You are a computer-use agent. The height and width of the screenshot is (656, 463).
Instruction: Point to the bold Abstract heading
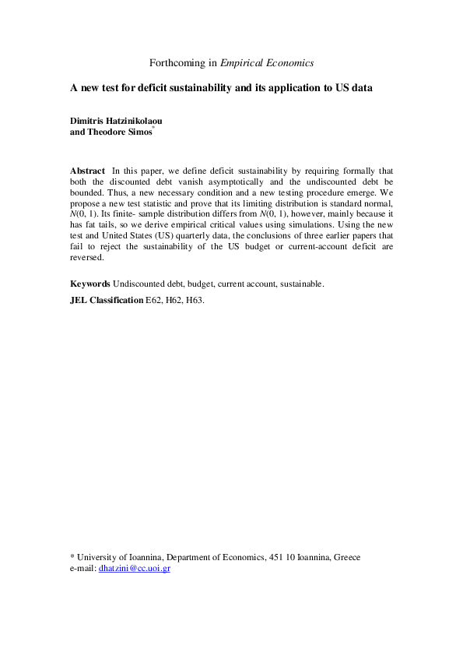pos(87,170)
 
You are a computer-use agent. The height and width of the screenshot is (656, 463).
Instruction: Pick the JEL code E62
pos(156,299)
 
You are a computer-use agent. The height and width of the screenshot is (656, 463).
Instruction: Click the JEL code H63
pos(195,299)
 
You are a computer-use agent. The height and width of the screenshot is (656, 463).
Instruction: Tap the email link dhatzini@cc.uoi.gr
pos(135,569)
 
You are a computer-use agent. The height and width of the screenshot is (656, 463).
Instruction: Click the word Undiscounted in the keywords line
pos(138,284)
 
